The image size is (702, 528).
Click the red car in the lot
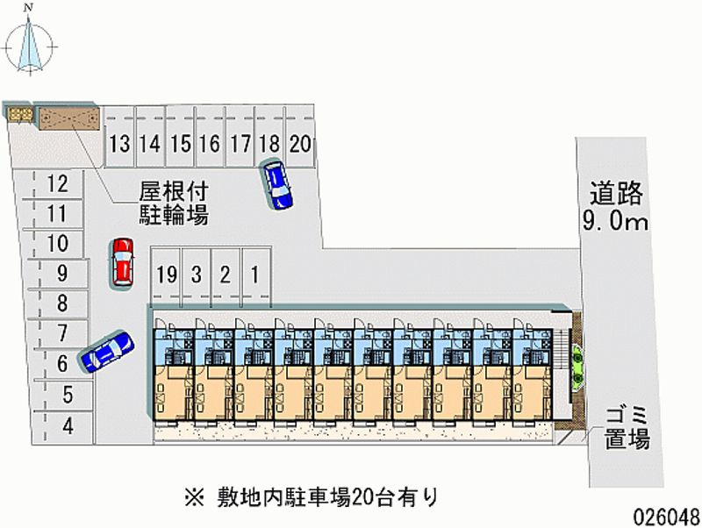tap(122, 260)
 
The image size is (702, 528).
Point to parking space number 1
tap(254, 275)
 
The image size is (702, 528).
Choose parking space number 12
tap(58, 184)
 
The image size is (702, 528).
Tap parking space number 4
tap(67, 427)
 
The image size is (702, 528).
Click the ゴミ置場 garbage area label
tap(626, 428)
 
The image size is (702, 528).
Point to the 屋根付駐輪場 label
tap(173, 203)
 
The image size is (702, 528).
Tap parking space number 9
tap(61, 274)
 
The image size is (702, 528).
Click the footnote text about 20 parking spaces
tap(312, 497)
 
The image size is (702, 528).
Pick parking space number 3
tap(196, 275)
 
